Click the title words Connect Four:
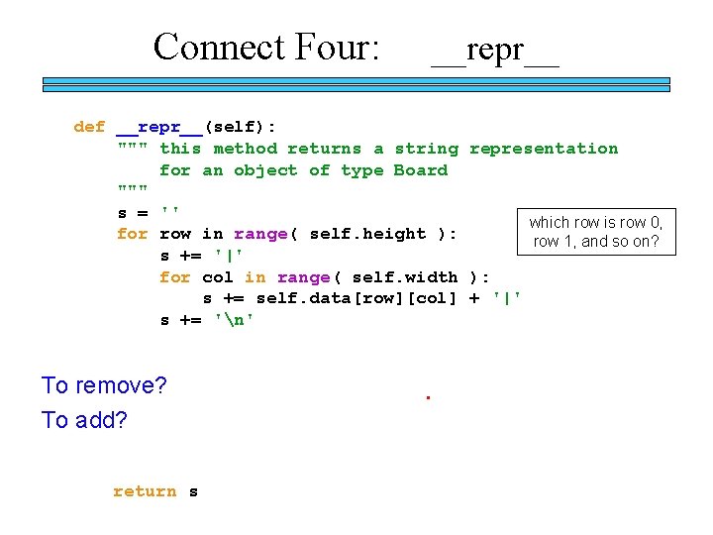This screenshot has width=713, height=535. click(x=266, y=47)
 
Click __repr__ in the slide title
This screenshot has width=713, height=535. click(x=495, y=49)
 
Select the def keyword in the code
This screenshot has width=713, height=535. click(x=89, y=127)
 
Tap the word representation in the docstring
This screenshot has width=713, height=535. click(x=543, y=149)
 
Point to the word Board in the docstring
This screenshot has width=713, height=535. click(x=421, y=170)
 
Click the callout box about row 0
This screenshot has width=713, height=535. click(x=595, y=232)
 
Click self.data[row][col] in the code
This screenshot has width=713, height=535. click(x=356, y=298)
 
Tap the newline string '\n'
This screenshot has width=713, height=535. click(x=234, y=320)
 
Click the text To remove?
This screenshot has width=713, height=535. click(x=104, y=385)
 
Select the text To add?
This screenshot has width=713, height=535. click(x=84, y=420)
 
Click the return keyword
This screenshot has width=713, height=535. click(x=145, y=491)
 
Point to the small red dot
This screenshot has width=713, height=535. click(x=428, y=398)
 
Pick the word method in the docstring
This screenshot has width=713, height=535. click(x=245, y=149)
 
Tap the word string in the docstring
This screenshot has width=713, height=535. click(x=426, y=149)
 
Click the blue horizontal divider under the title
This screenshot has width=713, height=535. click(x=356, y=85)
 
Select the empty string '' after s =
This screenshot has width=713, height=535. click(x=169, y=212)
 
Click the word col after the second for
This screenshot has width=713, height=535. click(x=218, y=277)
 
